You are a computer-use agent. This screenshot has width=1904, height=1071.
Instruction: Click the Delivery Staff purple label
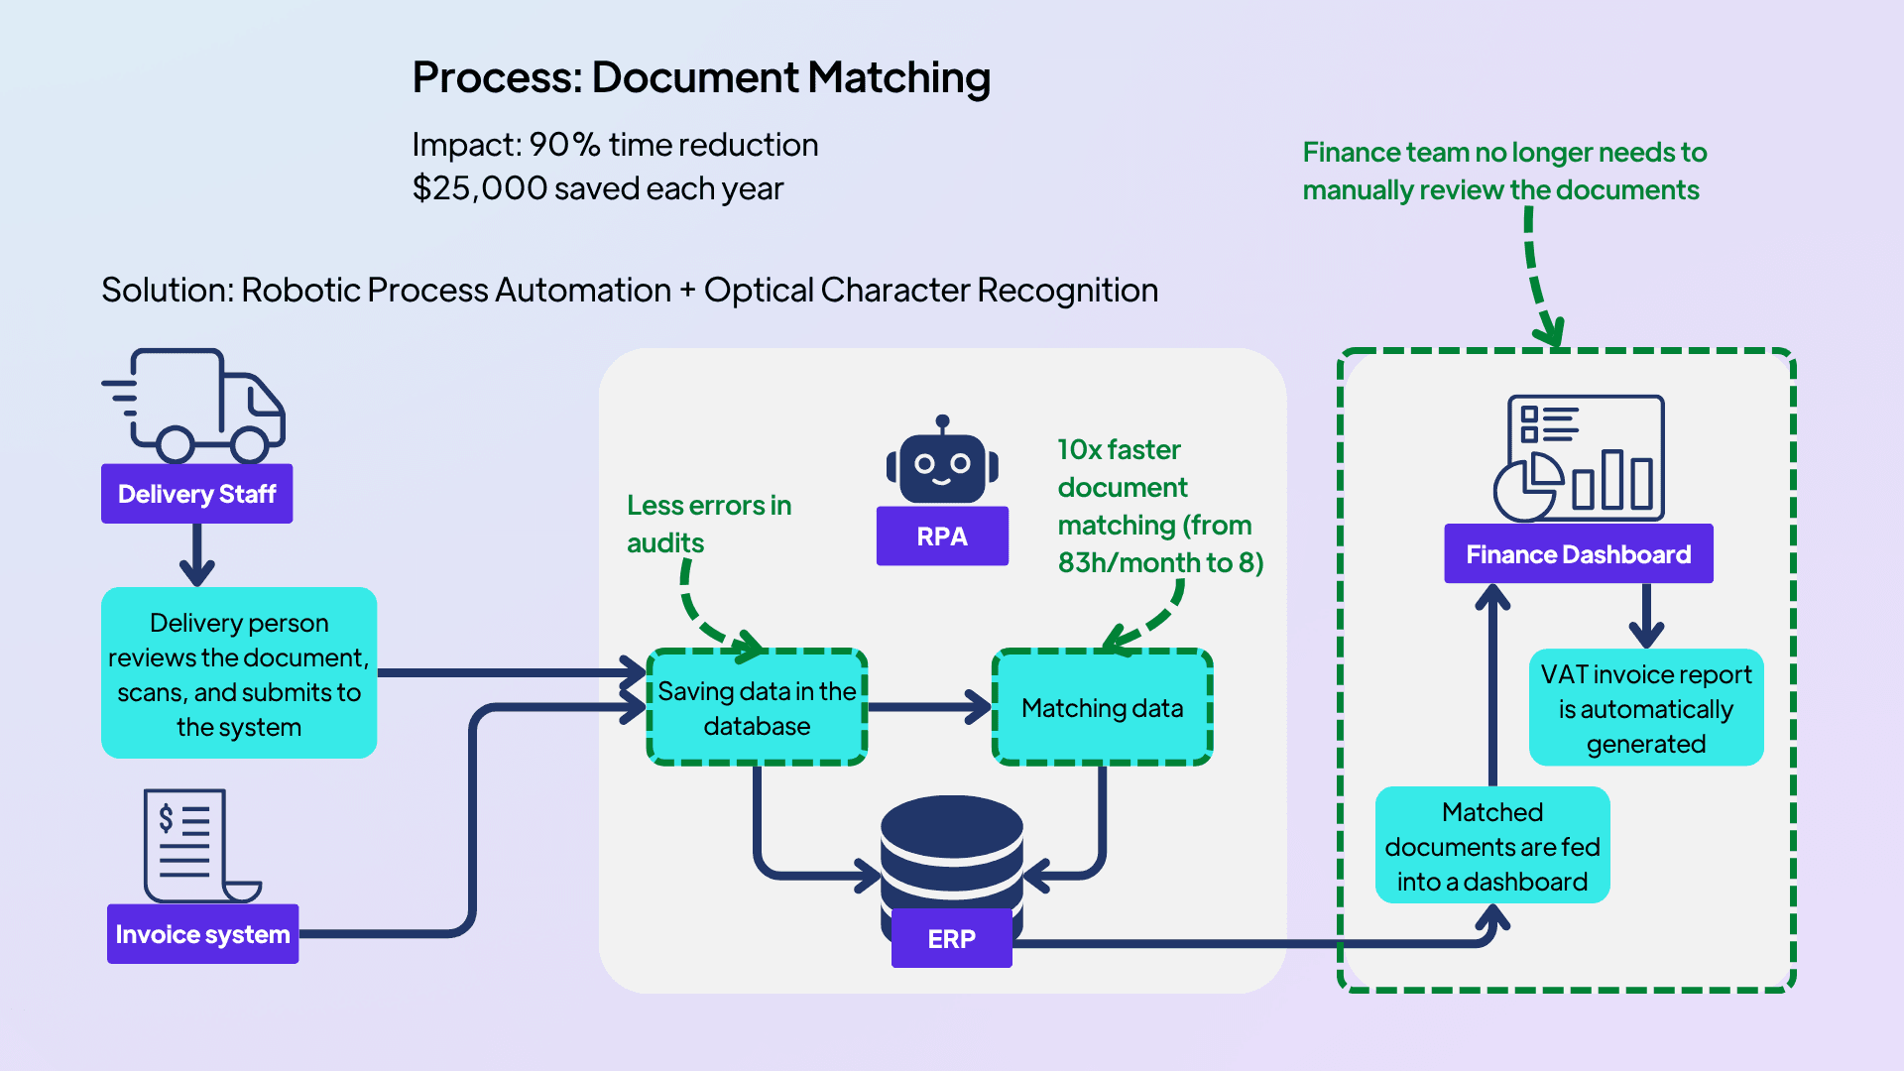(196, 494)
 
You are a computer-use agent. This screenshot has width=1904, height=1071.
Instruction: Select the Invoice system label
(202, 934)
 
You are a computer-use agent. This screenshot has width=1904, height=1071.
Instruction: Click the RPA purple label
(942, 536)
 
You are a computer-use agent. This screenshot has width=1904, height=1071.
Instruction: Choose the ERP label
(951, 938)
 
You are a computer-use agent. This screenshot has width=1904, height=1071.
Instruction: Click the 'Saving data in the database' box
(757, 708)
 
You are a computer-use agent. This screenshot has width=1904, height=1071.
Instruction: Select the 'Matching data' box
(1102, 708)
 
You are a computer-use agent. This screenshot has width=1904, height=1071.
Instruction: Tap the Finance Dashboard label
(1578, 554)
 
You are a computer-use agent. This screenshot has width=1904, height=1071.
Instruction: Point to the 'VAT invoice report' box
(1646, 708)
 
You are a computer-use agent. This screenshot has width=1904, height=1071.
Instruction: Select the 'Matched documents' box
(1492, 846)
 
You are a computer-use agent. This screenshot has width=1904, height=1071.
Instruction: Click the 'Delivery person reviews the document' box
(239, 674)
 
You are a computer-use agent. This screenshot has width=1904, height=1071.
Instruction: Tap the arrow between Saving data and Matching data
(929, 707)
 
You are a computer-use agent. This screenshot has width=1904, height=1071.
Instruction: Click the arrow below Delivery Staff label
(197, 555)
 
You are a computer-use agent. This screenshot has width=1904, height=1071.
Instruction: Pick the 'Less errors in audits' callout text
(708, 524)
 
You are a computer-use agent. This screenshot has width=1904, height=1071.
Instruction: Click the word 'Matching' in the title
(898, 78)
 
